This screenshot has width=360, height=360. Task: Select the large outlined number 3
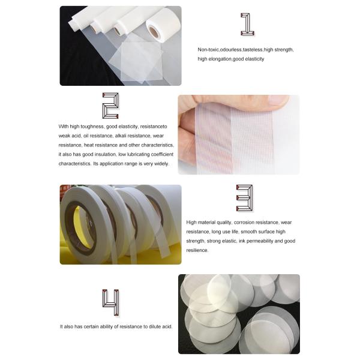pos(245,198)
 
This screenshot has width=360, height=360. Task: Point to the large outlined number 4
pos(110,302)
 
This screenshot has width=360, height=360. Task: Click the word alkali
pos(121,136)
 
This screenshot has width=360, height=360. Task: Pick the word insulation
pos(104,154)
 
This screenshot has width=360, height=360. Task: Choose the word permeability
pos(259,241)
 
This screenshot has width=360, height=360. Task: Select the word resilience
pos(197,250)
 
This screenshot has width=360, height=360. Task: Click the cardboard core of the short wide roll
pos(154,32)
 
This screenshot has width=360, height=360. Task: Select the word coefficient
pos(162,154)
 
